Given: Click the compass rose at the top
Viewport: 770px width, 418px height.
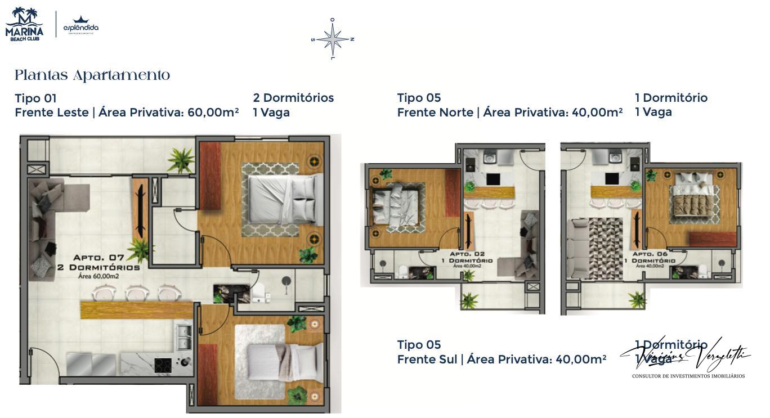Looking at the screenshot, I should [x=333, y=39].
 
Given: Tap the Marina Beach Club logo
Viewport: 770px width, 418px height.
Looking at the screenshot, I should [x=24, y=24].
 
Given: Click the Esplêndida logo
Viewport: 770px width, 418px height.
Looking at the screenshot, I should [x=80, y=26].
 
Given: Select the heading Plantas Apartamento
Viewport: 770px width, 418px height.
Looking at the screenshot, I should [x=92, y=75].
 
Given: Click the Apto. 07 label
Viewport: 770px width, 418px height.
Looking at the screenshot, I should [x=98, y=258].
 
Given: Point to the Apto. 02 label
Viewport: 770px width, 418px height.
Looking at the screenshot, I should [x=467, y=254].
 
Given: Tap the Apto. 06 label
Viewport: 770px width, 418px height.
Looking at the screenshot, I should [x=650, y=254].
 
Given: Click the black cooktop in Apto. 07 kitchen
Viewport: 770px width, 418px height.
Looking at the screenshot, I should [x=163, y=365].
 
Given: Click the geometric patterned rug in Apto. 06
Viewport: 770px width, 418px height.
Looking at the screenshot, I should [x=606, y=248].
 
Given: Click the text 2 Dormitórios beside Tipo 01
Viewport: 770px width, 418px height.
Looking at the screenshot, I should [x=293, y=98].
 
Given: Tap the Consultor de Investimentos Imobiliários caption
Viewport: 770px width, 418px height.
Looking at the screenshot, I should [x=688, y=376].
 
